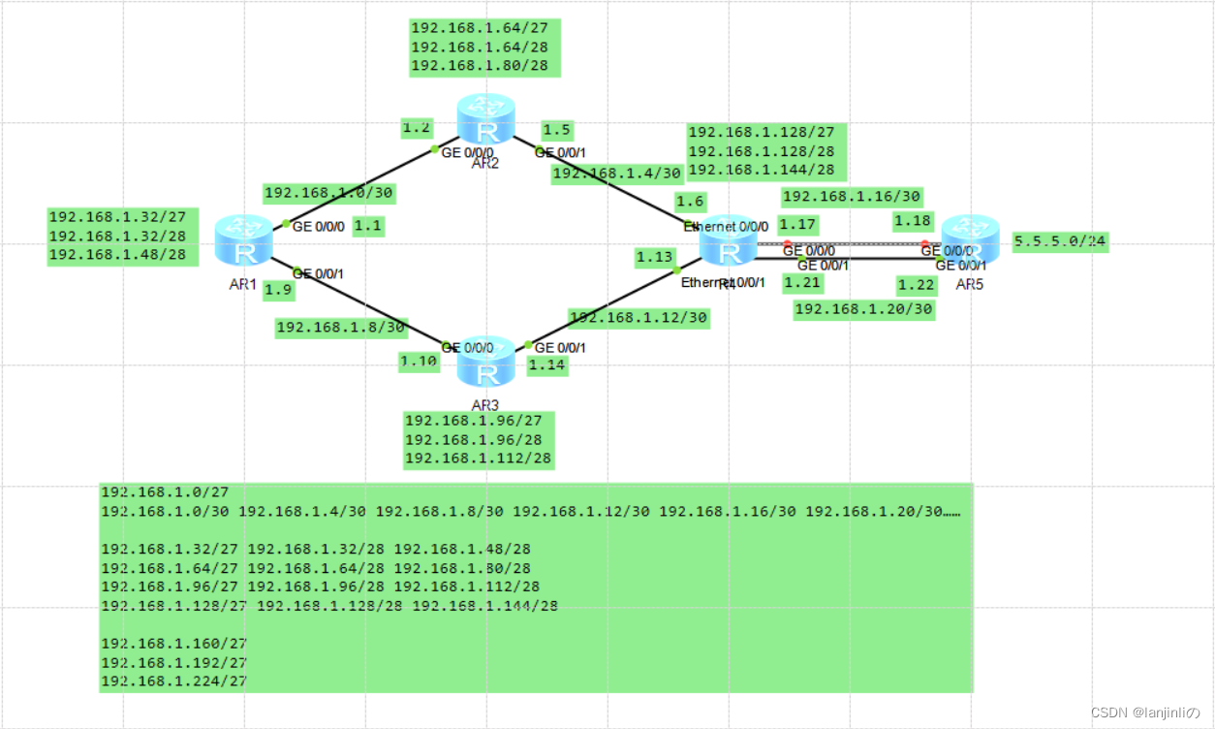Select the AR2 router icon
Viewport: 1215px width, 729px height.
[x=486, y=119]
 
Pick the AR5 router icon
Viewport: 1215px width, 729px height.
[x=969, y=241]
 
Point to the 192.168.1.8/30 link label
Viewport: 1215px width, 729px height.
[x=341, y=327]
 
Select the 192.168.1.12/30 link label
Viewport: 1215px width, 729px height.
[x=638, y=318]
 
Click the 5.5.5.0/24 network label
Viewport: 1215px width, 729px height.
[x=1060, y=242]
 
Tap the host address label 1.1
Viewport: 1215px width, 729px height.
[x=367, y=226]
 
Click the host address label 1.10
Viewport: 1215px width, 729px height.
[x=420, y=362]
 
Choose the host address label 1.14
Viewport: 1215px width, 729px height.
[x=546, y=365]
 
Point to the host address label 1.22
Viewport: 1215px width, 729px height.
[x=916, y=284]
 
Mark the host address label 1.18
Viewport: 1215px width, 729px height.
[x=913, y=221]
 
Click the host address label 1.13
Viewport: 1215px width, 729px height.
[x=654, y=257]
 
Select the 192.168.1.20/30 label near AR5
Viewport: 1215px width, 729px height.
[x=863, y=309]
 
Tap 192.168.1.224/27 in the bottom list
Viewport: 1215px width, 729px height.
[x=173, y=681]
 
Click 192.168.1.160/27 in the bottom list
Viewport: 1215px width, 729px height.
[x=173, y=643]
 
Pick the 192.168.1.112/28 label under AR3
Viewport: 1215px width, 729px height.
[x=479, y=458]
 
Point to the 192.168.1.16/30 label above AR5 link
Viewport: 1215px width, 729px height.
[x=852, y=197]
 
